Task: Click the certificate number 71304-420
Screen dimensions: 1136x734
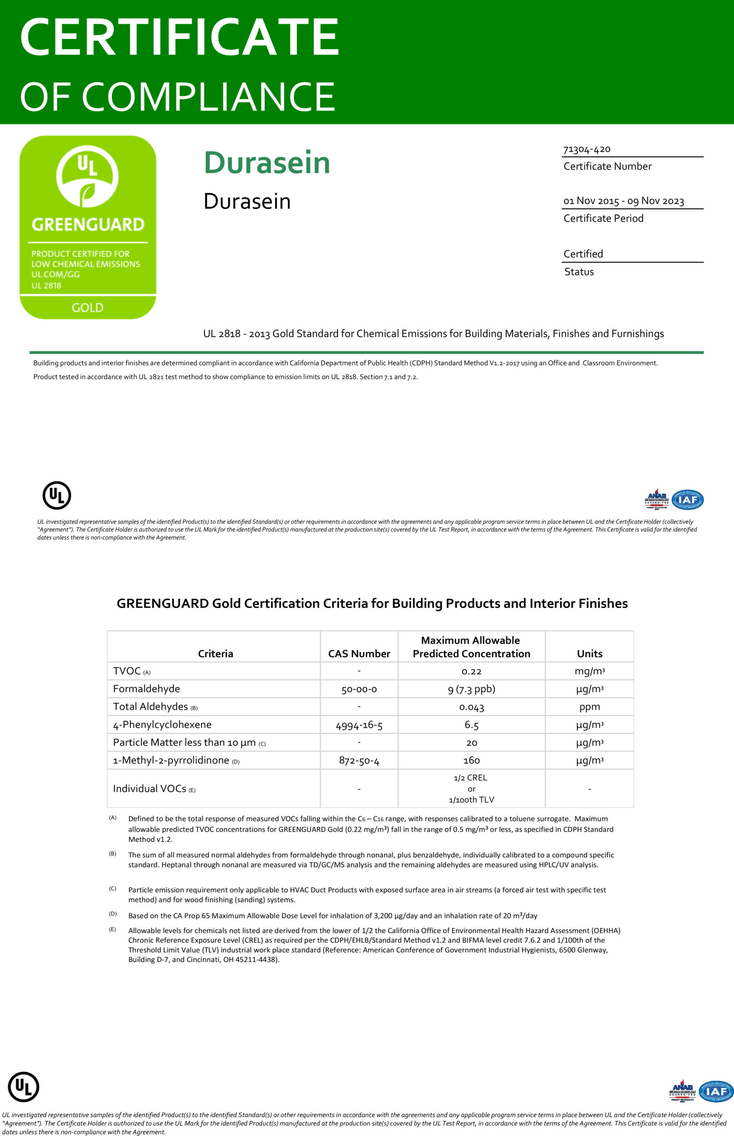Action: [x=586, y=149]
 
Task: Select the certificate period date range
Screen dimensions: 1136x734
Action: [x=624, y=201]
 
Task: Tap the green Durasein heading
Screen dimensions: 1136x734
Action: [x=267, y=162]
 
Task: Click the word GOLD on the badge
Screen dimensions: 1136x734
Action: [x=88, y=308]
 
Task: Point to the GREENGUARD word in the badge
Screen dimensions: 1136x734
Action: [x=88, y=224]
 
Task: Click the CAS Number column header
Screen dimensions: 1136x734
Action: [x=359, y=653]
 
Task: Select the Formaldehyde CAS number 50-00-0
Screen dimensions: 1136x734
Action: [x=359, y=689]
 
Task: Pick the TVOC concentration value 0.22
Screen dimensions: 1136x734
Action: [x=471, y=671]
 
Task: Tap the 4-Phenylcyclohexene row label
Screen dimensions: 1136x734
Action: [x=162, y=725]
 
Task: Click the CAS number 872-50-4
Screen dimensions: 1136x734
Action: [x=359, y=761]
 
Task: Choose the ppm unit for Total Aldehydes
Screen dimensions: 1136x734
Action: [x=590, y=706]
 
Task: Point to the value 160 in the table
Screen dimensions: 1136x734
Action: [x=471, y=761]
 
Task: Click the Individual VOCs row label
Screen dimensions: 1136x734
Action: [x=150, y=789]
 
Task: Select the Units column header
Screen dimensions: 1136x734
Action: [x=590, y=653]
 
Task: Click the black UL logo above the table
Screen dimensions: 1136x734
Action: [x=57, y=496]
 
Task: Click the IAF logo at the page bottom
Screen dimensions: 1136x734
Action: [x=716, y=1092]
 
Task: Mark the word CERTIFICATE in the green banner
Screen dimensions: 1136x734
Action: [x=179, y=37]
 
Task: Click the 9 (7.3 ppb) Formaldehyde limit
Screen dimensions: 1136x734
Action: [x=471, y=689]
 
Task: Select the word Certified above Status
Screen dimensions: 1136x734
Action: [x=583, y=253]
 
